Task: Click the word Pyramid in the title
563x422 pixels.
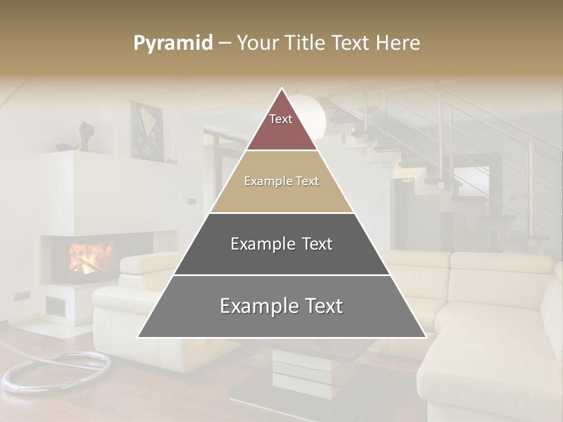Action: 173,43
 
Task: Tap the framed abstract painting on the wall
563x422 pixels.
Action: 147,130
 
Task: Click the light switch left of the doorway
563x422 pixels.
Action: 191,201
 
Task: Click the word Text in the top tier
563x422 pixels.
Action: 281,119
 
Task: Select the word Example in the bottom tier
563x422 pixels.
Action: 253,306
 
